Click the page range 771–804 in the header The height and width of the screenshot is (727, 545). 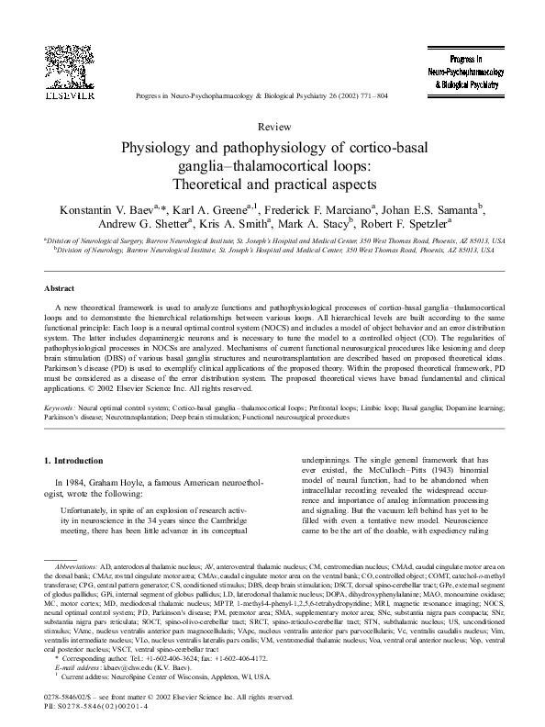pos(373,95)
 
